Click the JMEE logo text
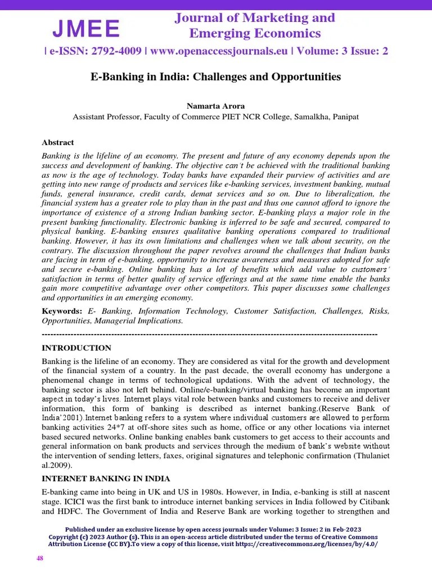(86, 28)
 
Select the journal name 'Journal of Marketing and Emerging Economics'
(254, 25)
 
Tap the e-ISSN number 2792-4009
(111, 51)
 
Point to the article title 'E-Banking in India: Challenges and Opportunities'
(216, 76)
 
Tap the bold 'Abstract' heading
(58, 142)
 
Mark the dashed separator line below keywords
(209, 334)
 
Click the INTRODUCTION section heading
(76, 348)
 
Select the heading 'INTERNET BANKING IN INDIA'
(106, 479)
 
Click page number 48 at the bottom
(40, 558)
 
